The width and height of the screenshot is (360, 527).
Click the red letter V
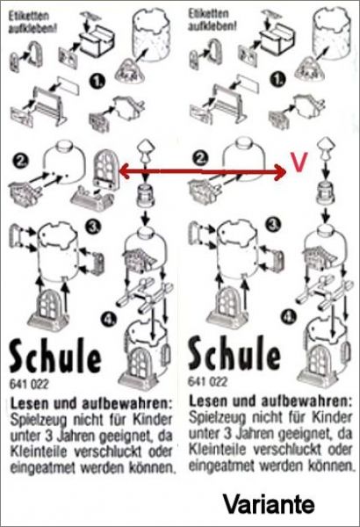(299, 162)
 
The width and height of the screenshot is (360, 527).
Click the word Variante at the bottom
(270, 504)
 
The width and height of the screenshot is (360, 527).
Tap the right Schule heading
(234, 353)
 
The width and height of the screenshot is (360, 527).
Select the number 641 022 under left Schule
(29, 384)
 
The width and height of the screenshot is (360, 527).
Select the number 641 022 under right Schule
(208, 381)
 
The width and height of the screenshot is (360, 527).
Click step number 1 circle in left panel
(97, 81)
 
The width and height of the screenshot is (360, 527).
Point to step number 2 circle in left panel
(21, 161)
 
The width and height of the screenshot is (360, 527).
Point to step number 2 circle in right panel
(201, 158)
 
